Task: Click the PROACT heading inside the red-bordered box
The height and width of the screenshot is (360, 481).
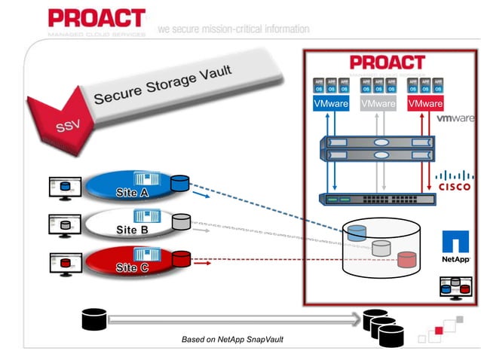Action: click(387, 63)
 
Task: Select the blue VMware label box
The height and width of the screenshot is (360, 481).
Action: click(330, 104)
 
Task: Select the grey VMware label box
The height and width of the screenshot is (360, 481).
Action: click(378, 104)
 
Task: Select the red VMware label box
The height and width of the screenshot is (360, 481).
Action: click(424, 104)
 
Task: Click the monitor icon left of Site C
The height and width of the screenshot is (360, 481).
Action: click(63, 264)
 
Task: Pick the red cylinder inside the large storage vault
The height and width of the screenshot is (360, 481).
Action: click(407, 260)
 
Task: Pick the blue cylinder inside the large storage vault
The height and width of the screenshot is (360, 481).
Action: click(357, 233)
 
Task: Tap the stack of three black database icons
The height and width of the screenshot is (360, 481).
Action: click(383, 327)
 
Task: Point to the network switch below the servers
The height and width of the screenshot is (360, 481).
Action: click(375, 199)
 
